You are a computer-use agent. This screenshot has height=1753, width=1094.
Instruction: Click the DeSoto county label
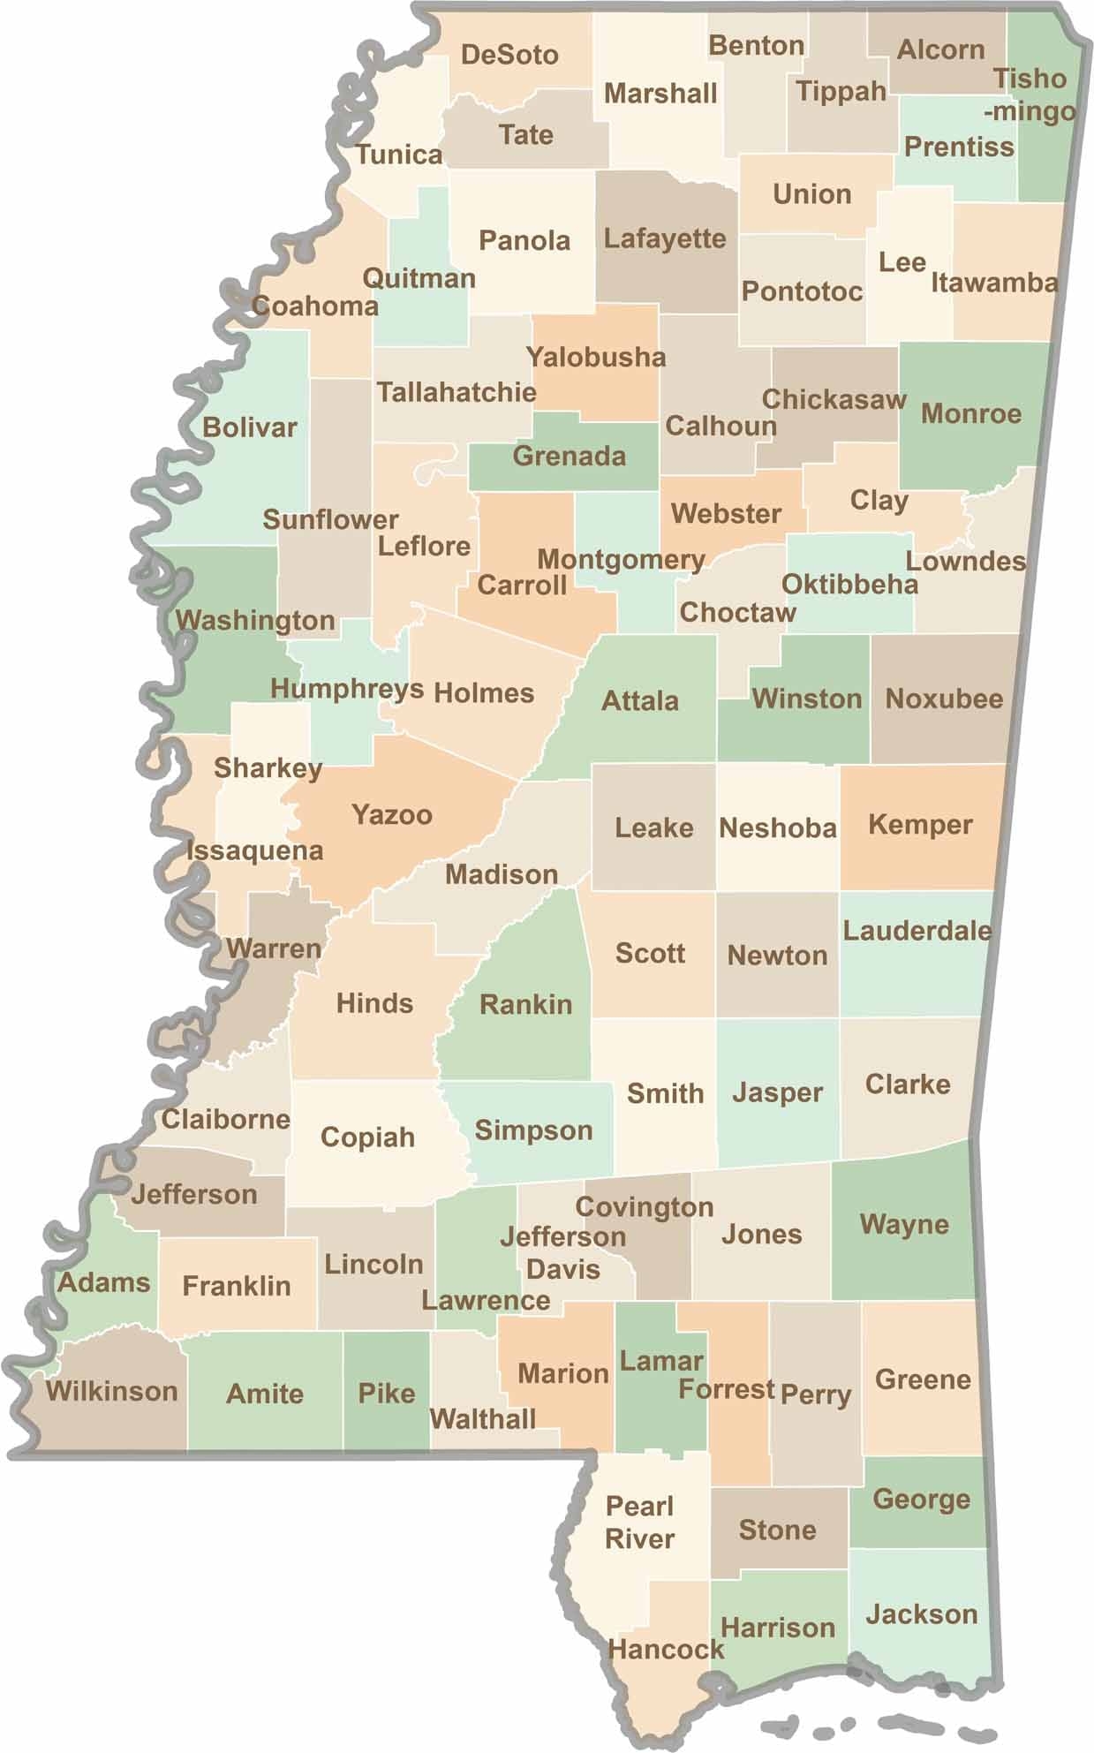coord(509,55)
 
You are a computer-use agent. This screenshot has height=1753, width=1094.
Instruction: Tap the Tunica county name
coord(399,155)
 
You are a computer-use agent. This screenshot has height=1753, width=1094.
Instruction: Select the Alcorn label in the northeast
coord(940,49)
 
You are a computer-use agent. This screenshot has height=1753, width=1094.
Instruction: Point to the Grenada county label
coord(569,456)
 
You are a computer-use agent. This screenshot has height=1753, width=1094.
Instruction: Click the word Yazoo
coord(392,814)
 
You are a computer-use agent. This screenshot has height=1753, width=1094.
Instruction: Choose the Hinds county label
coord(374,1003)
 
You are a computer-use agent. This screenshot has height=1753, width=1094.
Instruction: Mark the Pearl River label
coord(639,1522)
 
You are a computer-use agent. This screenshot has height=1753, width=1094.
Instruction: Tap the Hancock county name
coord(666,1649)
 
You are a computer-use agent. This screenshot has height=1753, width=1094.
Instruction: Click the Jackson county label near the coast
coord(921,1614)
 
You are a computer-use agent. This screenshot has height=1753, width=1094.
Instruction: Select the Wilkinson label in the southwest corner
coord(111,1391)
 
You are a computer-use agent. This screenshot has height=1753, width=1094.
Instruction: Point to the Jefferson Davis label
coord(562,1253)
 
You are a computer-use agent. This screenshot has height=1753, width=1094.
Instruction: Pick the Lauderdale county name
coord(917,930)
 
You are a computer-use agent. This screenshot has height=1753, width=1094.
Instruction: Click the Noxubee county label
coord(944,699)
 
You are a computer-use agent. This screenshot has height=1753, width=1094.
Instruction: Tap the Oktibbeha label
coord(849,584)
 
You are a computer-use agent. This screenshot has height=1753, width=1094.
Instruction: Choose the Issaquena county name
coord(254,850)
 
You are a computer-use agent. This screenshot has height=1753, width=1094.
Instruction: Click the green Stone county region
coord(777,1530)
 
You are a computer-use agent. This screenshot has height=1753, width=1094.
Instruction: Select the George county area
coord(921,1499)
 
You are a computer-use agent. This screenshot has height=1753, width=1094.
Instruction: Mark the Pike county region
coord(387,1393)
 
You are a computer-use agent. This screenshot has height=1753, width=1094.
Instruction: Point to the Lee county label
coord(902,262)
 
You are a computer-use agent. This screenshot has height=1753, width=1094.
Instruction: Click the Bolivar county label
coord(250,427)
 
